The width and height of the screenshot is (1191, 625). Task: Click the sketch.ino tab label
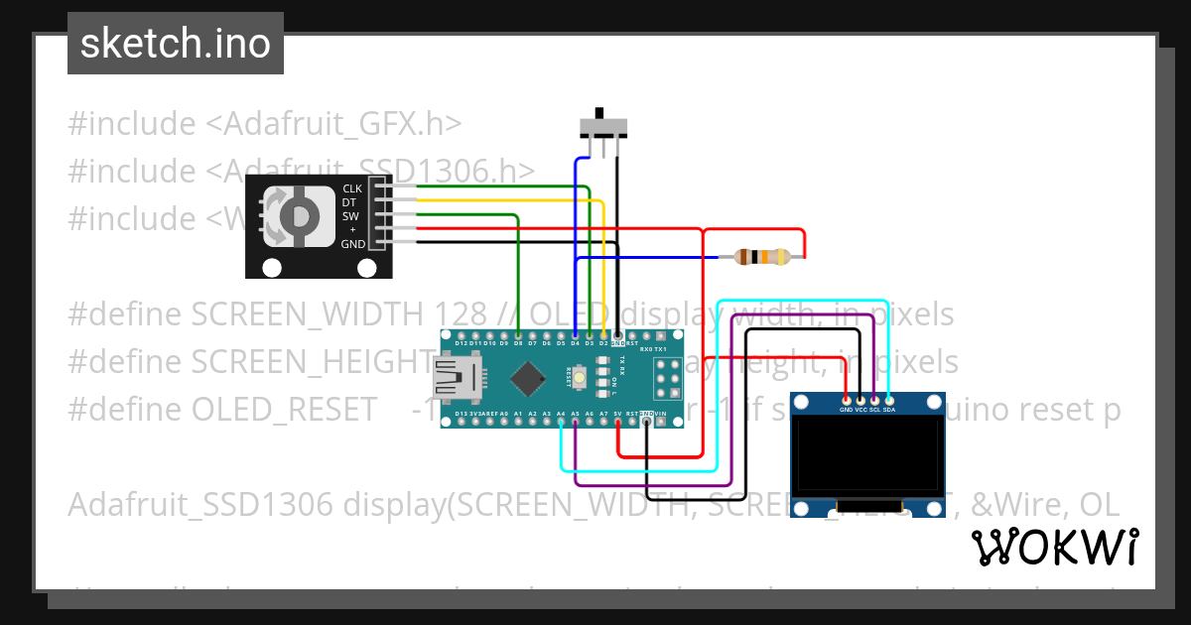176,44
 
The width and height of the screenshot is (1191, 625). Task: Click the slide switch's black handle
598,112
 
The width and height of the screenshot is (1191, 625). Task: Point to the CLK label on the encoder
352,188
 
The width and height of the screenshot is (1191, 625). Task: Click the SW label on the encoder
350,216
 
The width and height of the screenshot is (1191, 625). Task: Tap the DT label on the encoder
349,202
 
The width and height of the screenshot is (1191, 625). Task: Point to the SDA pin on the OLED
889,401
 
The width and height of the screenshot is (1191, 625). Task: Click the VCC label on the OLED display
860,409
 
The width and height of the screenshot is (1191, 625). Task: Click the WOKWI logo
1054,547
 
